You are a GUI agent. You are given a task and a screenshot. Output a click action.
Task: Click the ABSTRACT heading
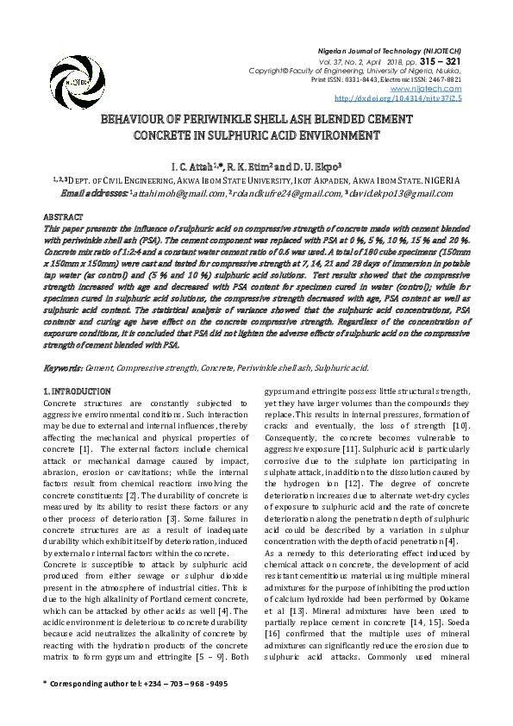click(x=63, y=215)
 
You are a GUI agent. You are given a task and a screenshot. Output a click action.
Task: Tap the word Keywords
click(x=62, y=368)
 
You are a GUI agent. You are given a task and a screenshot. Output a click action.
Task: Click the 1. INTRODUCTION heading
click(x=77, y=392)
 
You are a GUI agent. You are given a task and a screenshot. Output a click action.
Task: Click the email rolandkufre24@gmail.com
click(x=283, y=193)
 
